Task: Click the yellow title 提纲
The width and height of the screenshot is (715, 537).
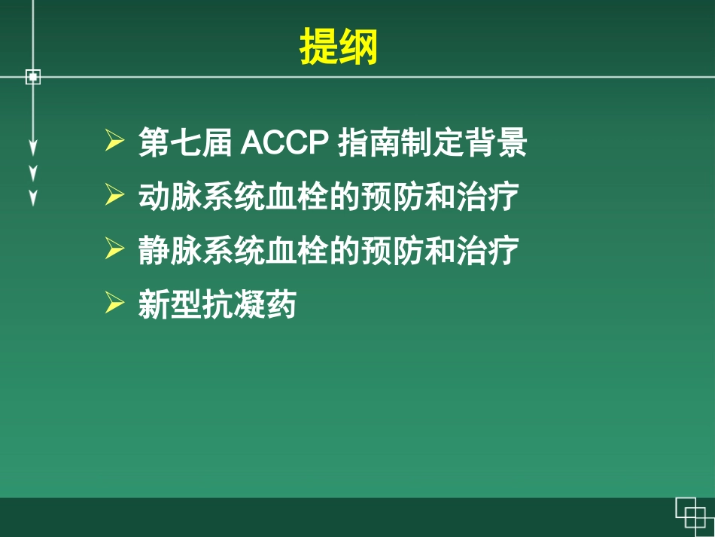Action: pyautogui.click(x=339, y=47)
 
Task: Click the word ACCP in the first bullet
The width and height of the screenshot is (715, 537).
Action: pyautogui.click(x=286, y=143)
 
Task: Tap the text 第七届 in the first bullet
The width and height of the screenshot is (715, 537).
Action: pyautogui.click(x=184, y=143)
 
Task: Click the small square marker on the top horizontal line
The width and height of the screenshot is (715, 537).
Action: pyautogui.click(x=32, y=76)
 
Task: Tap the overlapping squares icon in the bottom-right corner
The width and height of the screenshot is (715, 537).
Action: pyautogui.click(x=692, y=515)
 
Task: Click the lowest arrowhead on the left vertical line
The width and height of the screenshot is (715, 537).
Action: pyautogui.click(x=32, y=198)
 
